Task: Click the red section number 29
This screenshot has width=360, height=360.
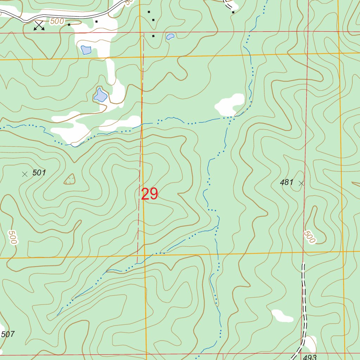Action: tap(149, 194)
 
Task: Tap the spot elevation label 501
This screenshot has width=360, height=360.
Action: tap(39, 173)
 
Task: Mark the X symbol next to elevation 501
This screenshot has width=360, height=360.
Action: tap(25, 174)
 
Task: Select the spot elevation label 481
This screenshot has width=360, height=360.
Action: tap(287, 182)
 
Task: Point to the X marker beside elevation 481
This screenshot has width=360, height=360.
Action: tap(301, 183)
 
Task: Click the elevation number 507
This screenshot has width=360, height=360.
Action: tap(8, 334)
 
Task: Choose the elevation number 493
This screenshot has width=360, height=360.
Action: tap(310, 357)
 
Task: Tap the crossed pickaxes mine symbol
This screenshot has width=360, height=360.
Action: tap(39, 25)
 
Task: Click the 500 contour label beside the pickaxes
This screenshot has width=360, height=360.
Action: tap(57, 21)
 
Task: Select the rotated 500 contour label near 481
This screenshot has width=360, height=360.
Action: tap(309, 237)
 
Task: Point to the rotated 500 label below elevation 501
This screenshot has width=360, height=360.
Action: tap(13, 237)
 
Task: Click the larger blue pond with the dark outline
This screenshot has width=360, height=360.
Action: tap(100, 95)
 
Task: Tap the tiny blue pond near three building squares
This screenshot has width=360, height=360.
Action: tap(170, 37)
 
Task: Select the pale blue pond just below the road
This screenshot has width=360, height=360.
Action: tap(86, 50)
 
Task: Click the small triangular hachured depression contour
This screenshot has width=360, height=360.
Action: tap(70, 180)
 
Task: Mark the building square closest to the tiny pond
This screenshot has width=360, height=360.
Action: tap(153, 36)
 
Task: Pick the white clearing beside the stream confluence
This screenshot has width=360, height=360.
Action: tap(230, 104)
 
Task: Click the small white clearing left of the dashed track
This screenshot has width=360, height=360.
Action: tap(282, 316)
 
